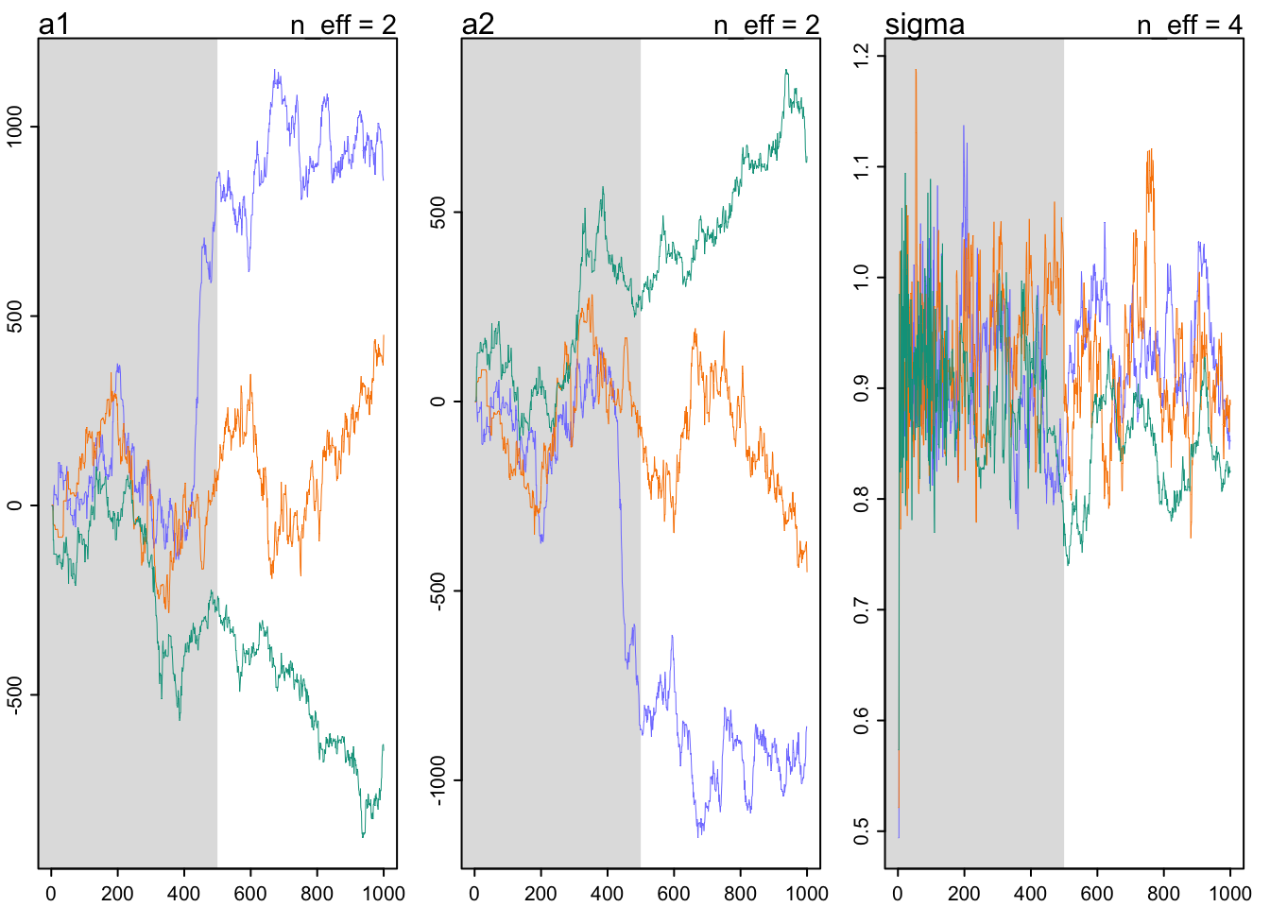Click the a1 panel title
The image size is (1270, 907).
(x=54, y=24)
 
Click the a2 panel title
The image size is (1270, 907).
(x=477, y=24)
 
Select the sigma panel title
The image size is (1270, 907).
(x=924, y=24)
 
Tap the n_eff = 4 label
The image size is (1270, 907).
(x=1189, y=25)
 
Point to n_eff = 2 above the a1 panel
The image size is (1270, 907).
(x=342, y=25)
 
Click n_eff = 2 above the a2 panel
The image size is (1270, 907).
(x=765, y=25)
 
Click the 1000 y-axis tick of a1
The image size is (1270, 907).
(x=15, y=126)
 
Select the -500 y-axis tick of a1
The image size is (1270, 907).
(x=15, y=694)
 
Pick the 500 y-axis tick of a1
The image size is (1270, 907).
(x=15, y=316)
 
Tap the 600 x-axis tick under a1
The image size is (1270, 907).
(x=250, y=893)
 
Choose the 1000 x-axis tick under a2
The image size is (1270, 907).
(x=807, y=893)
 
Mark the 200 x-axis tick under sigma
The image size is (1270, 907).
(x=964, y=893)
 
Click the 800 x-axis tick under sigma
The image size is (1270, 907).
(x=1163, y=893)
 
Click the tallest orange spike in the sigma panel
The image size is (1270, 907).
(x=915, y=70)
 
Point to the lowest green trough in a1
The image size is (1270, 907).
(x=363, y=836)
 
